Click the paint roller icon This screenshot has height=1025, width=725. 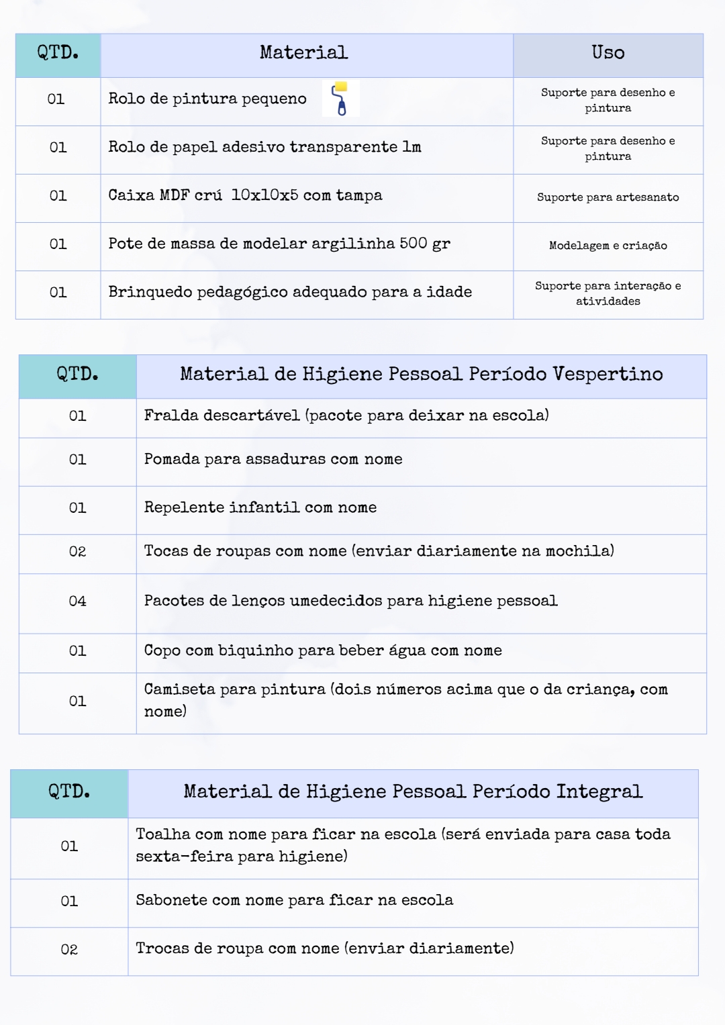(341, 98)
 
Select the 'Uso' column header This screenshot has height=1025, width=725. (608, 52)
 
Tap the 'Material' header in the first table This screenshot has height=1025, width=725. (303, 52)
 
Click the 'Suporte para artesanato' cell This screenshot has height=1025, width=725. (608, 197)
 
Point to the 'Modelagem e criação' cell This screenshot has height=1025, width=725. (608, 246)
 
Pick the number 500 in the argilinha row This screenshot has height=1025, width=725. (413, 243)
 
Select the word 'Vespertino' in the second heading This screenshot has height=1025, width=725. (608, 374)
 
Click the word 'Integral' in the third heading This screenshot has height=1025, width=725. (599, 791)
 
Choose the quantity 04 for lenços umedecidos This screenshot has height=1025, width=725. (77, 601)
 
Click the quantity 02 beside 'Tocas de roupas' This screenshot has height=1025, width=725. (77, 552)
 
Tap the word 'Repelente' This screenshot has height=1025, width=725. (184, 507)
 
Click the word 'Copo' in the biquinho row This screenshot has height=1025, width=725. (162, 650)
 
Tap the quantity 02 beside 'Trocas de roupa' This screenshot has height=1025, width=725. (69, 950)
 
